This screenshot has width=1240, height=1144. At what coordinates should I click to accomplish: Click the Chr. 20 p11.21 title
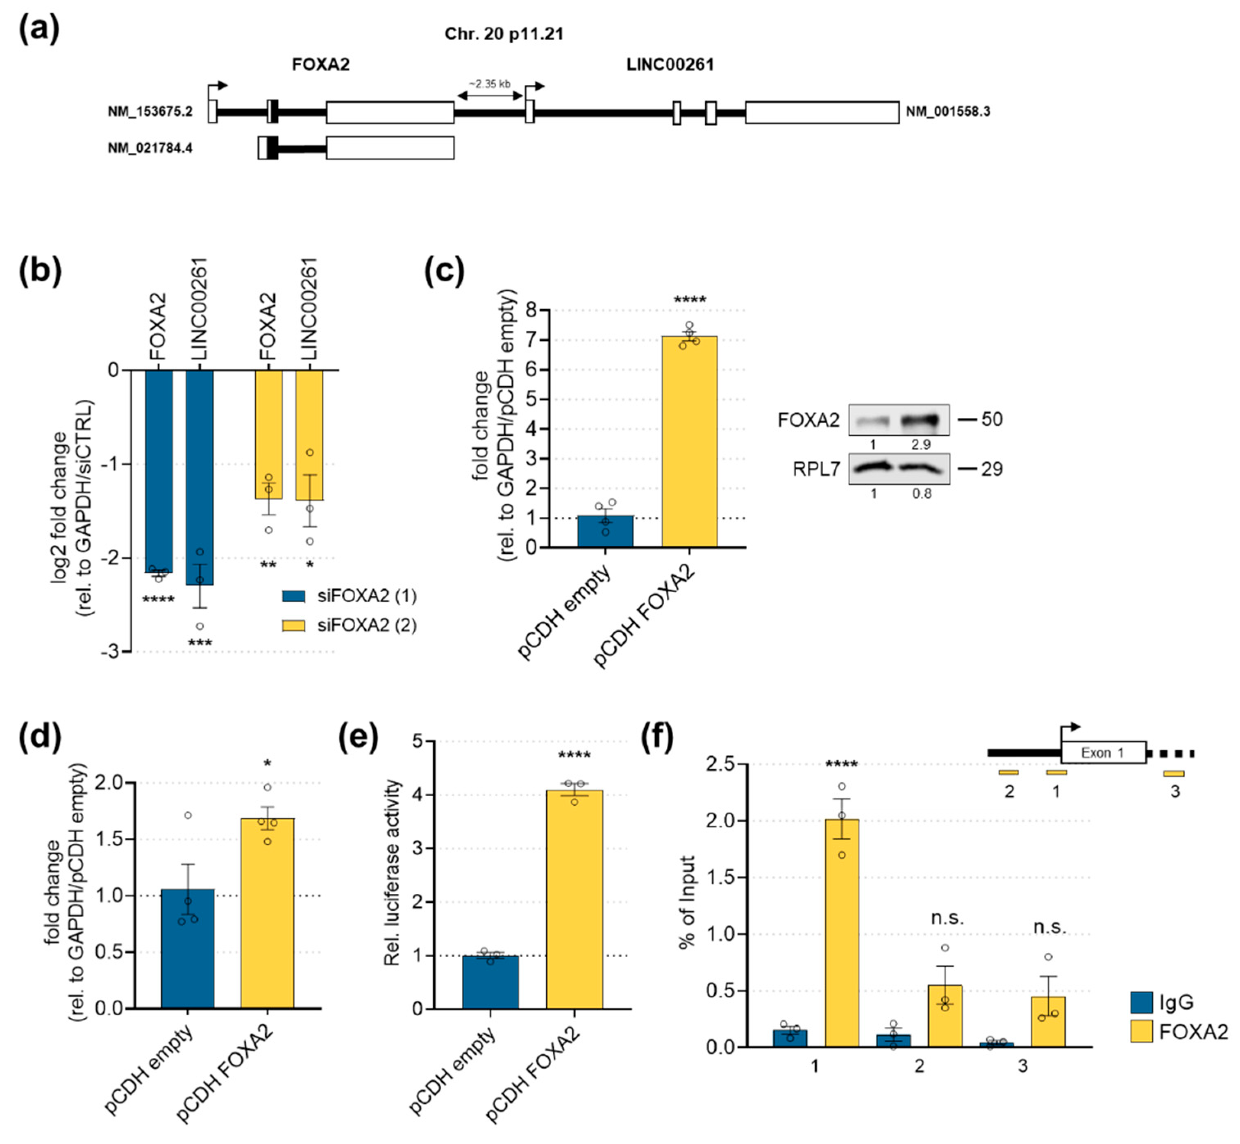tap(504, 34)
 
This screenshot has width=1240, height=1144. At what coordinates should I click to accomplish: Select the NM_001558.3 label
tap(948, 111)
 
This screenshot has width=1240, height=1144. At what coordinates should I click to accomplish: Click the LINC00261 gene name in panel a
tap(670, 64)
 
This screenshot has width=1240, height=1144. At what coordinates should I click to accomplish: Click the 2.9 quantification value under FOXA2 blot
tap(921, 444)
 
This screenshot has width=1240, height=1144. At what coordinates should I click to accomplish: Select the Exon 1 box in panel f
tap(1103, 753)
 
